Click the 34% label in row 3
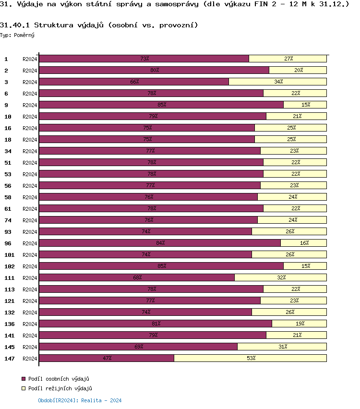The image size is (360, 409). pos(278,82)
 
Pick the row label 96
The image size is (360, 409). pos(8,243)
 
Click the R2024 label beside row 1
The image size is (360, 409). pos(30,59)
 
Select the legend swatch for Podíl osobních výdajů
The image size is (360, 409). pos(24,379)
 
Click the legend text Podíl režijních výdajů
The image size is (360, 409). pos(60,388)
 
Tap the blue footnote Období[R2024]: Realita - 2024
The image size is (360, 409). pos(80,400)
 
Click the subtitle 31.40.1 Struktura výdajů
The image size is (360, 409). pos(98,25)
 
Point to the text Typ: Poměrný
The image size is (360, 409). pos(17,35)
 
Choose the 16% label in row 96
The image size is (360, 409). pos(304,243)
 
